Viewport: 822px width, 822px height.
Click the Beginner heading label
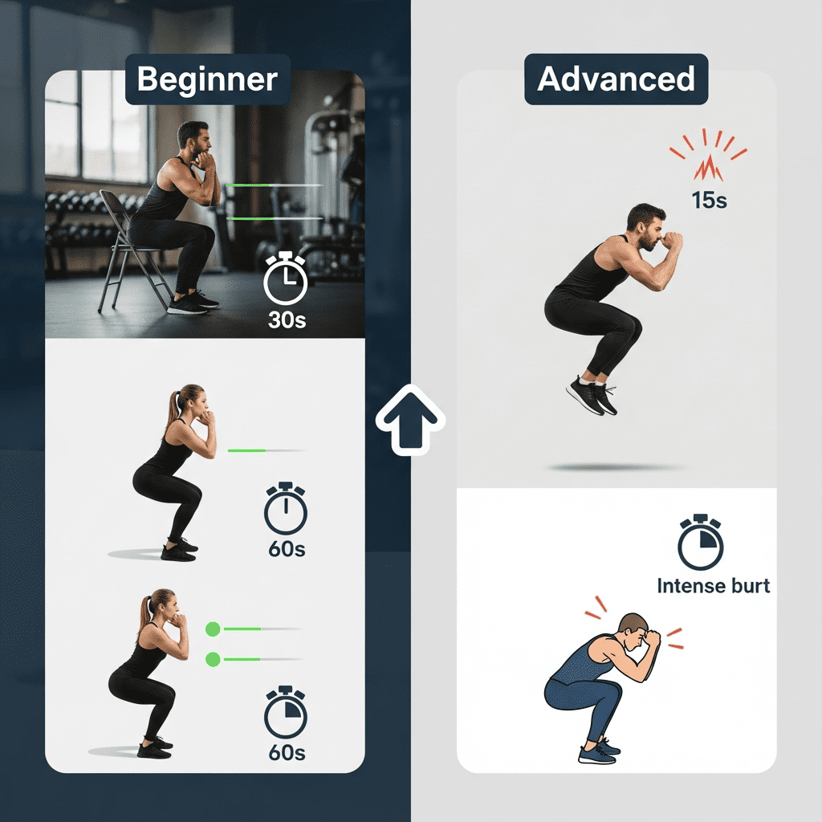click(x=207, y=79)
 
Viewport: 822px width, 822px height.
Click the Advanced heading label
click(x=616, y=79)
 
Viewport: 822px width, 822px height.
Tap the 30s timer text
click(x=287, y=320)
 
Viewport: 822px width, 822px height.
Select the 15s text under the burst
click(x=709, y=201)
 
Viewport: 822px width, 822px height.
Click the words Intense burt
click(x=713, y=586)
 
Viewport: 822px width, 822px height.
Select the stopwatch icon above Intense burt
click(x=700, y=543)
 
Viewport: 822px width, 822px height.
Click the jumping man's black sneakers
click(x=592, y=395)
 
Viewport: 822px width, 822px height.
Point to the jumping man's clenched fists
click(x=669, y=241)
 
